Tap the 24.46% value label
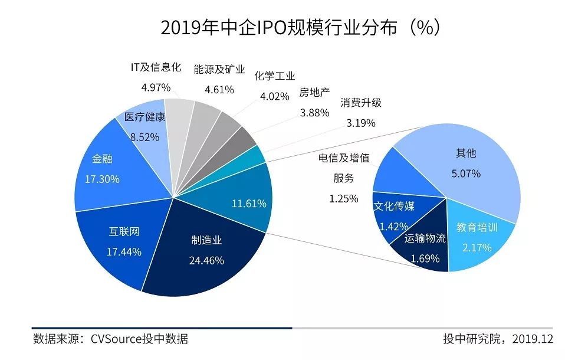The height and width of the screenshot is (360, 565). (x=206, y=260)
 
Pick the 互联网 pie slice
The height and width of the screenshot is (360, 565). (x=118, y=248)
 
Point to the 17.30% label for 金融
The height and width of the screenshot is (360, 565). (x=102, y=179)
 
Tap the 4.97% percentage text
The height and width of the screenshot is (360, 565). (x=156, y=87)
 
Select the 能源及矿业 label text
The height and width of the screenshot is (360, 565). (x=219, y=69)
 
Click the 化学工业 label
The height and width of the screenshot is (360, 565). (x=275, y=76)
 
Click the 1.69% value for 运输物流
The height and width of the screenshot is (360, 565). (x=422, y=258)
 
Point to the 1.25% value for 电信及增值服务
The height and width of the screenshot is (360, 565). (x=344, y=198)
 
